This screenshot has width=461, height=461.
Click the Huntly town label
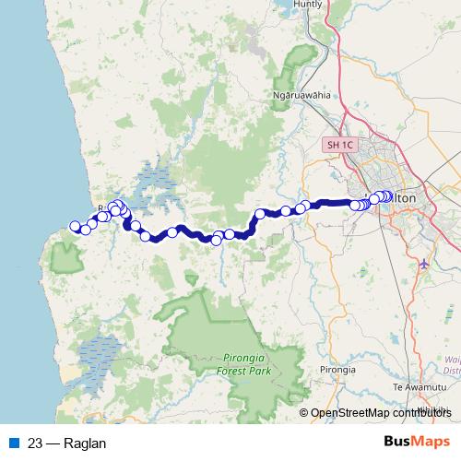point(308,4)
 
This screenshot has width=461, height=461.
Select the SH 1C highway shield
point(337,146)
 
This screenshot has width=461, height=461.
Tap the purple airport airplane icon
point(423,263)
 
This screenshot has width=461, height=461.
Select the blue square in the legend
point(11,443)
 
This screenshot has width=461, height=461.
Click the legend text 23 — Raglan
point(67,443)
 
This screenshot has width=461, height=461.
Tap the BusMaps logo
point(416,442)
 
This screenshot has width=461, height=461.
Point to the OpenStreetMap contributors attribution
point(377,412)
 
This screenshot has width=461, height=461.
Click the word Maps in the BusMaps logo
point(431,442)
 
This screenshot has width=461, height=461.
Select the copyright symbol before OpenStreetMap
point(304,412)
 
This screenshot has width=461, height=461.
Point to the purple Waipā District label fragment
point(451,365)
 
